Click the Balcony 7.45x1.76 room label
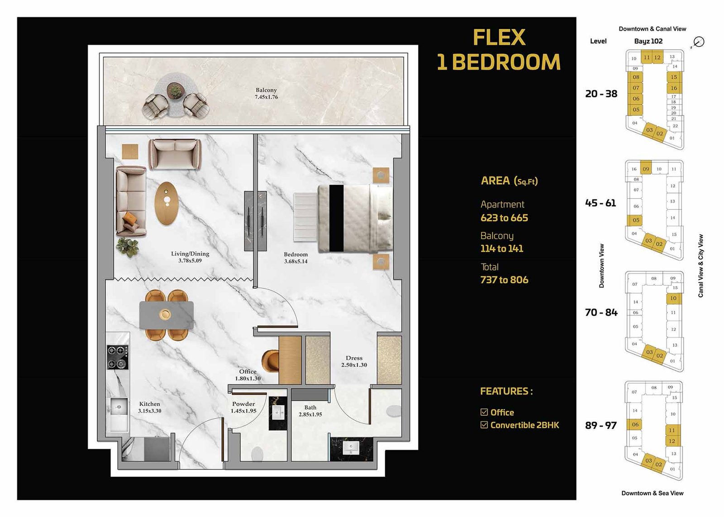click(x=266, y=94)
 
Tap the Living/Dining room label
click(x=190, y=257)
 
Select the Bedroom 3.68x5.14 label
click(x=295, y=258)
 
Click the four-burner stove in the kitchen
click(x=118, y=357)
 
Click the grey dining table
click(x=166, y=315)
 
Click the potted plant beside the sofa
click(x=127, y=247)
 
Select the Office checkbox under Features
click(x=484, y=412)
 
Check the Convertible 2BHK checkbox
click(x=484, y=425)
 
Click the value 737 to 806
click(x=504, y=280)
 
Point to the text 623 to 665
click(x=504, y=218)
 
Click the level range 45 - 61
click(x=600, y=203)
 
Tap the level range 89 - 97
click(x=600, y=426)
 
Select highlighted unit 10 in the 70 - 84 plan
click(x=673, y=298)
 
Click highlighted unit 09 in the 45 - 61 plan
click(x=646, y=169)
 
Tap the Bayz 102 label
click(x=648, y=41)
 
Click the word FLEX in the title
click(x=499, y=38)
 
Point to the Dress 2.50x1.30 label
click(x=354, y=361)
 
